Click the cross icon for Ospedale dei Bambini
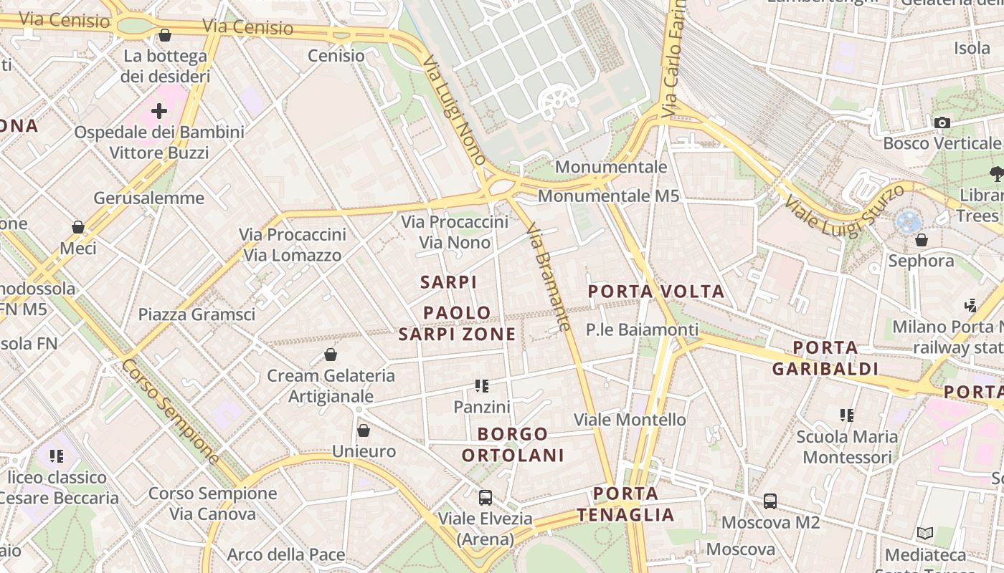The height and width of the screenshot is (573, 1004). (159, 111)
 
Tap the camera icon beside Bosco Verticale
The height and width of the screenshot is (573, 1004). (942, 122)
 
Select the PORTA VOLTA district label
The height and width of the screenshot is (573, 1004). (656, 292)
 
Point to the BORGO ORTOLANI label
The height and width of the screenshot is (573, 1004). (513, 444)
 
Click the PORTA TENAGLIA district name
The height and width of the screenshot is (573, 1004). (625, 504)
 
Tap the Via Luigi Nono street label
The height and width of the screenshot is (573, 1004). (455, 110)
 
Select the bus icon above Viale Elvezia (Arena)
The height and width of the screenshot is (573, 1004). (486, 497)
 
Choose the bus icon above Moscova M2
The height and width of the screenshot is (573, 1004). (770, 501)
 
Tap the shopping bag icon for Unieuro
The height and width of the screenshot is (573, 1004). (364, 430)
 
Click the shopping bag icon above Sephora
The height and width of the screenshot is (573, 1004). (922, 240)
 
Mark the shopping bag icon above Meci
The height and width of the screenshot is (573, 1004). (78, 227)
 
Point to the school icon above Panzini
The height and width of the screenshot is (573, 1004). (482, 386)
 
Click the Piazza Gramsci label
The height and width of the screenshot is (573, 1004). (196, 314)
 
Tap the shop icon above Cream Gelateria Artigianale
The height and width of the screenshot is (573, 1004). (331, 355)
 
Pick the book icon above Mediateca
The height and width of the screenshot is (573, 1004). (925, 533)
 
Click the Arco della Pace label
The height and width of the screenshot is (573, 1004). (286, 554)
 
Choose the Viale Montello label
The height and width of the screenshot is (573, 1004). (630, 419)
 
